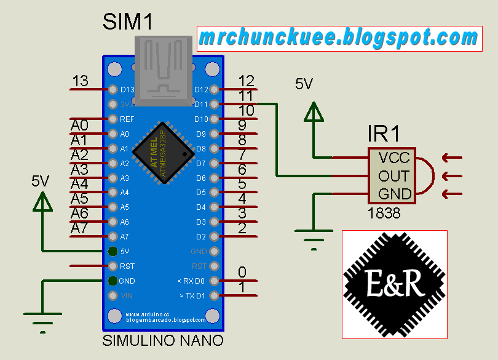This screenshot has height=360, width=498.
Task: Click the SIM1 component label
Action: [x=127, y=22]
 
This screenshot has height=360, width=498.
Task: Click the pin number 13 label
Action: [x=80, y=81]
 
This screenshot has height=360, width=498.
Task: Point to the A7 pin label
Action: [x=79, y=228]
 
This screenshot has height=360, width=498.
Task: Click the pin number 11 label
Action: [x=246, y=96]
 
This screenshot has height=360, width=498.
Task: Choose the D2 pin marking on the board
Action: [x=200, y=236]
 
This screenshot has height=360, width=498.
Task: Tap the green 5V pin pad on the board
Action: [x=113, y=251]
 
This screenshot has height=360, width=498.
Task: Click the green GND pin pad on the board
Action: [x=113, y=281]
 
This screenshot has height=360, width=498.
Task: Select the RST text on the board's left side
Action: [x=126, y=266]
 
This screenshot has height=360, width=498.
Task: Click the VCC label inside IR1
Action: [x=394, y=158]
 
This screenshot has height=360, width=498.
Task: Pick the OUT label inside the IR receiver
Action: [x=394, y=177]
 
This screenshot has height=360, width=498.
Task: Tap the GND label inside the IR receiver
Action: [x=395, y=194]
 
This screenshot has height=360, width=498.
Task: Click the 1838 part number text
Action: [x=384, y=214]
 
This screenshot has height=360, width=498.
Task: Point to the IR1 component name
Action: [x=384, y=134]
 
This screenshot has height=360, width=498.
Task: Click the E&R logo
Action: [x=394, y=284]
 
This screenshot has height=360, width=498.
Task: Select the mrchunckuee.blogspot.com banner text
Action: [x=338, y=39]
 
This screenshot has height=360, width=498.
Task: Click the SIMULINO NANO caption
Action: [x=162, y=340]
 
